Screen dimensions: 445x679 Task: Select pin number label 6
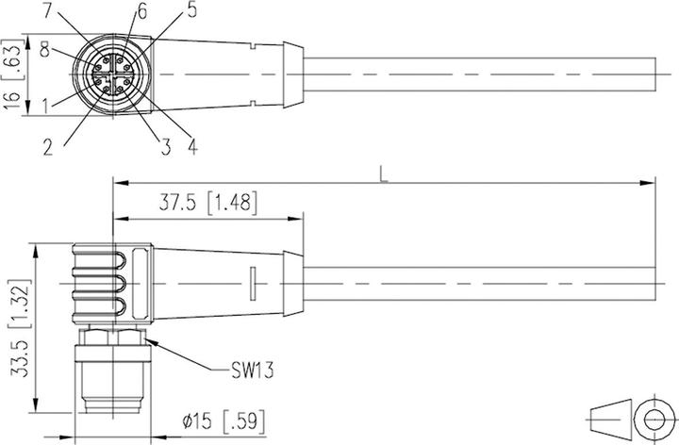click(142, 11)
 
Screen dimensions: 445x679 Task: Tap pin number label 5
click(192, 11)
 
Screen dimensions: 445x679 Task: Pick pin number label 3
click(166, 145)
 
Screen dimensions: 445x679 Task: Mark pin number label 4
click(192, 145)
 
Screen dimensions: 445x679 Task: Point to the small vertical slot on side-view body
click(253, 285)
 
